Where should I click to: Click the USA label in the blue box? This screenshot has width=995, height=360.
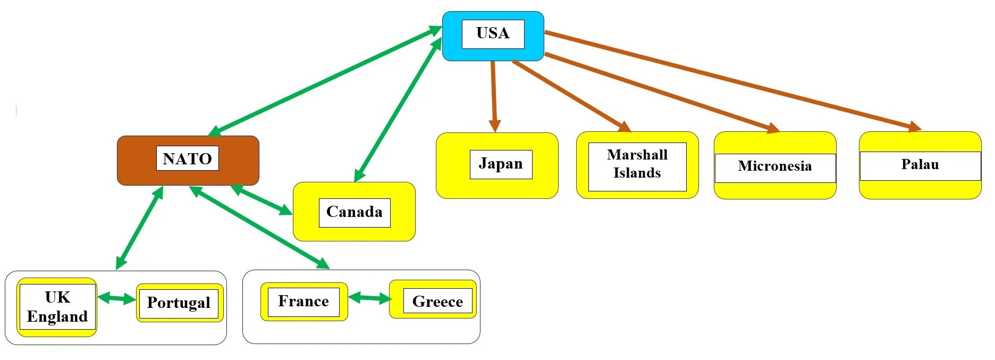pos(493,34)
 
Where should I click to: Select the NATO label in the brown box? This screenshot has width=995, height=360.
pos(187,158)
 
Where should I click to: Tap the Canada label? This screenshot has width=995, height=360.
pos(354,212)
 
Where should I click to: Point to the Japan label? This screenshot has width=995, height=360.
pos(501,164)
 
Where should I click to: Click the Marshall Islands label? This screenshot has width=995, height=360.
pos(637,164)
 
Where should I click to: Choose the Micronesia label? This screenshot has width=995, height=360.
pos(774,166)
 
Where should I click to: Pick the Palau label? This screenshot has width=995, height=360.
pos(920,165)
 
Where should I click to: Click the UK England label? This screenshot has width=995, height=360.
pos(57,307)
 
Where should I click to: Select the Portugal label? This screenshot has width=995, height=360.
pos(179,303)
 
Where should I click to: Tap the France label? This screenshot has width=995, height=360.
pos(303,302)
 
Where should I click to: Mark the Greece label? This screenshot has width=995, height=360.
pos(437,302)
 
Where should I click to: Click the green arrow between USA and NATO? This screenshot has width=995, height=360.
pos(324,81)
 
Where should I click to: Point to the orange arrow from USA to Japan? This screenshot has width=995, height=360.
pos(494,96)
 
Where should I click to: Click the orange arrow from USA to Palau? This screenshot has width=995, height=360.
pos(733,80)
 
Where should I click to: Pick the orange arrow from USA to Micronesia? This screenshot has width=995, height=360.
pos(662,91)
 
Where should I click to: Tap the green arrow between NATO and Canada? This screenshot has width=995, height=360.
pos(262,200)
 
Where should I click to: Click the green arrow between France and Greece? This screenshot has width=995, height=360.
pos(369,298)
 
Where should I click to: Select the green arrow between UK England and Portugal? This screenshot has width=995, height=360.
pos(116,298)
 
